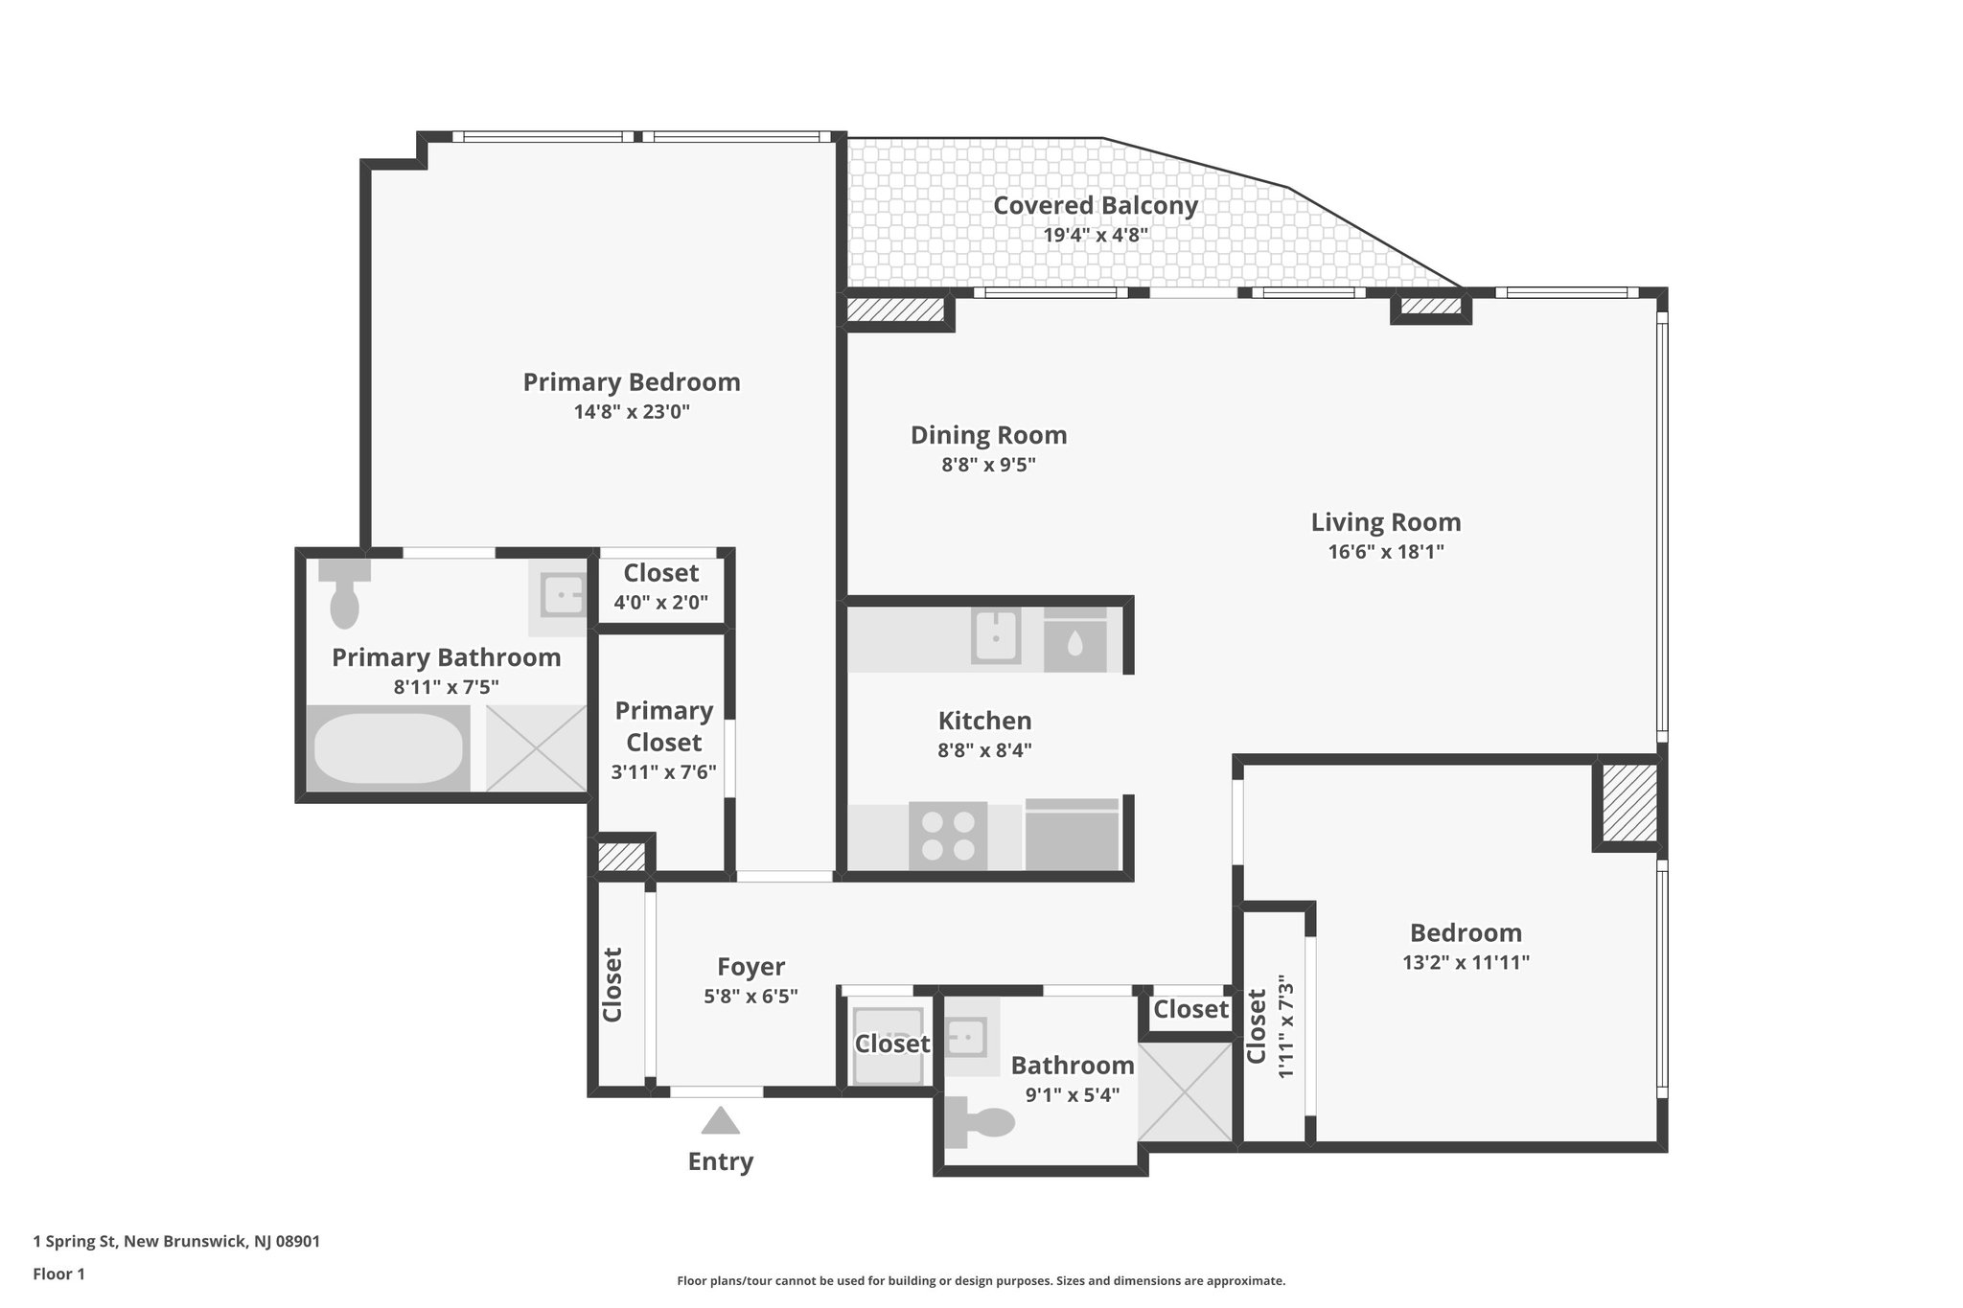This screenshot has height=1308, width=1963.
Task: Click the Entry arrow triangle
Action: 720,1121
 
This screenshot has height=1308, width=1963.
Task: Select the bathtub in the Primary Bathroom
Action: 387,748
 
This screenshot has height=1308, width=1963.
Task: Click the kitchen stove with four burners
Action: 947,836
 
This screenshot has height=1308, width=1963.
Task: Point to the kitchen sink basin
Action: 995,635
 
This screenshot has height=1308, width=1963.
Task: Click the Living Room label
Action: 1385,522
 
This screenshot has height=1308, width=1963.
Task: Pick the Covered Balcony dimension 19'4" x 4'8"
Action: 1095,235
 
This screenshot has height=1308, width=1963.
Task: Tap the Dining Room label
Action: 987,435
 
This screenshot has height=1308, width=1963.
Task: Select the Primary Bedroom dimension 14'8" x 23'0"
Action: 631,412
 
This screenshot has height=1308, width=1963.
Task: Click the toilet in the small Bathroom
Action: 982,1122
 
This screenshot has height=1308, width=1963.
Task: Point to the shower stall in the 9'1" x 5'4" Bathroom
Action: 1185,1091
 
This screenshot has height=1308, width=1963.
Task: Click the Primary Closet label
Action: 663,726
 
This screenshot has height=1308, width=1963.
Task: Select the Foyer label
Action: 751,967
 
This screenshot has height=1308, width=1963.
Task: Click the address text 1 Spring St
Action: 176,1242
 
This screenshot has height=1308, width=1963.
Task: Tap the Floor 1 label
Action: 58,1274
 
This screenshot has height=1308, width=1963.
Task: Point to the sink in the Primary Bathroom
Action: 562,597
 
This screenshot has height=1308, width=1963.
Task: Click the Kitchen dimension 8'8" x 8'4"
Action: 983,750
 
